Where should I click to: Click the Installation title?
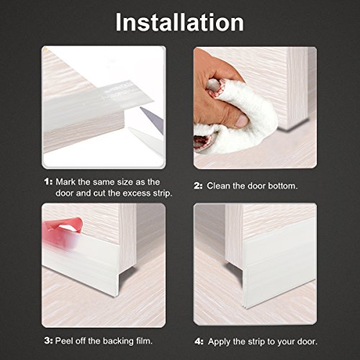(x=179, y=22)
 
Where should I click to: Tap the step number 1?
(x=48, y=181)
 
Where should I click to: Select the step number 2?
(x=198, y=186)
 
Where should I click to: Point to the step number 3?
(x=48, y=341)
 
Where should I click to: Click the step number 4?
(x=199, y=341)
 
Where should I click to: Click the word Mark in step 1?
(x=66, y=181)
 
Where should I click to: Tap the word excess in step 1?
(x=134, y=193)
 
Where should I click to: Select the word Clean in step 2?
(x=219, y=186)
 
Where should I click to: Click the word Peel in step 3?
(x=64, y=341)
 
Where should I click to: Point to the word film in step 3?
(x=144, y=341)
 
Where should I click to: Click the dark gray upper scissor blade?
(x=153, y=119)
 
